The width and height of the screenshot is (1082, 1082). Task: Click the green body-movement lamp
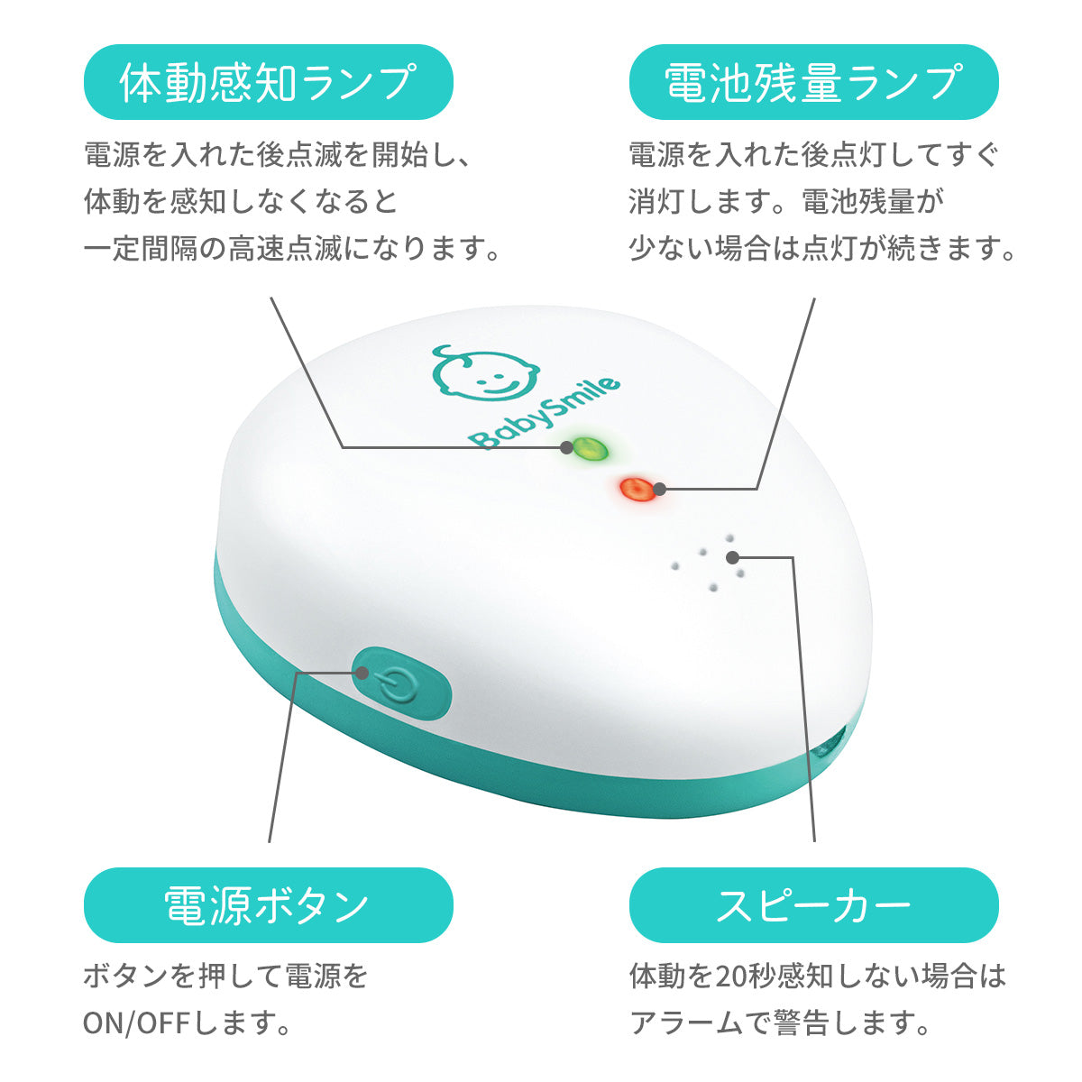coord(591,448)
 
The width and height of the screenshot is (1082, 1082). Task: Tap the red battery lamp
coord(635,489)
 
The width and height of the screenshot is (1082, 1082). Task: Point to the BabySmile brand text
coord(544,413)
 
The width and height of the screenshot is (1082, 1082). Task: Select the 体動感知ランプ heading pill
coord(269,82)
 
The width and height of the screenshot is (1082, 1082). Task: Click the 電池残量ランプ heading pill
coord(813,82)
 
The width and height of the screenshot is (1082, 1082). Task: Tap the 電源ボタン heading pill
coord(269,905)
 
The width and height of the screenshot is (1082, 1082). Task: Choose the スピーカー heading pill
coord(813,905)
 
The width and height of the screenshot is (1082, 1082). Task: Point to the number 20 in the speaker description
coord(729,977)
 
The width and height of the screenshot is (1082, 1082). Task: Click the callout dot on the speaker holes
coord(732,557)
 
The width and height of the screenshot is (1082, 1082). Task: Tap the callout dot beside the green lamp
coord(567,447)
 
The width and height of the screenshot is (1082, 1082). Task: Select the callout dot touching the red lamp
coord(660,489)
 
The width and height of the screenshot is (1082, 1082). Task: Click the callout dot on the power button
coord(362,673)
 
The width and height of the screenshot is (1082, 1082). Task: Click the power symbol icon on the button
coord(397,686)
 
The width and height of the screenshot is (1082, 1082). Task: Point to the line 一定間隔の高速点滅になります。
coord(292,249)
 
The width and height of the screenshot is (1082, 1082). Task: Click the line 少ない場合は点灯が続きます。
coord(821,249)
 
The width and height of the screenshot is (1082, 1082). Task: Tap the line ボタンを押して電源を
coord(225,977)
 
